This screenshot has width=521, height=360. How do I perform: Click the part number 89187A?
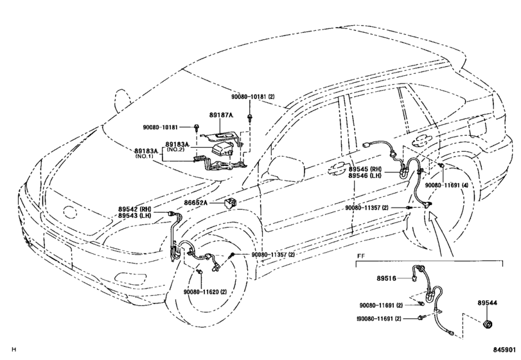pos(221,115)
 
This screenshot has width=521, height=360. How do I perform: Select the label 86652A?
pos(195,202)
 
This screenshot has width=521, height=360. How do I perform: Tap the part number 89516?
pos(387,278)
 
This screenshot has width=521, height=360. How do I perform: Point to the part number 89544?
pos(488,303)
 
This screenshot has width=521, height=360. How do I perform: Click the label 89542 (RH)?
pos(134,209)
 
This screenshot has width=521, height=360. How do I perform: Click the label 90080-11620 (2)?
pos(205,292)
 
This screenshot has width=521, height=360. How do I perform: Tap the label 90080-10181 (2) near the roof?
pos(253,96)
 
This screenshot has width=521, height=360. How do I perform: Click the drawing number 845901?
pos(504,350)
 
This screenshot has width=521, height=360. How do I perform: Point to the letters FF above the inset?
pos(360,256)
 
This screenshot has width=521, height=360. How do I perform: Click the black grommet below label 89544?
pos(488,324)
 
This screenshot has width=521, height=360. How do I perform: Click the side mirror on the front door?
pos(287,168)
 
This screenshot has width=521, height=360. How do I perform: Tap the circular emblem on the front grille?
pos(71,212)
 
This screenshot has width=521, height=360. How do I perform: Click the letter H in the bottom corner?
pos(13,349)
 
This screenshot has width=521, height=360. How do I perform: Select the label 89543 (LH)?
pos(134,215)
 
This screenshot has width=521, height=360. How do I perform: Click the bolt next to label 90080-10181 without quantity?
pos(197,127)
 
